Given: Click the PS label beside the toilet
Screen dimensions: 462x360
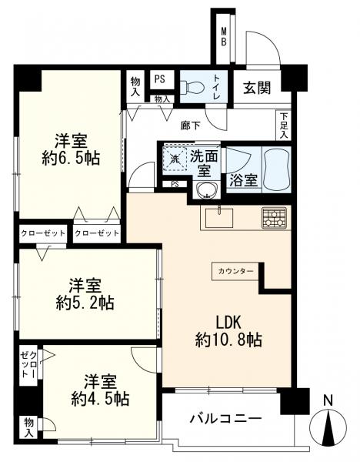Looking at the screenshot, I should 160,79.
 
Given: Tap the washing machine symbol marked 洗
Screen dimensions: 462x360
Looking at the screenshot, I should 174,159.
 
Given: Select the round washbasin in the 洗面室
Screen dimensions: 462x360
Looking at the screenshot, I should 205,190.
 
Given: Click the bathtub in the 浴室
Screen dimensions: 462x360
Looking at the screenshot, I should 275,168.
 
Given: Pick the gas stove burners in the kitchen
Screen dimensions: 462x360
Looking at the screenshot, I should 273,218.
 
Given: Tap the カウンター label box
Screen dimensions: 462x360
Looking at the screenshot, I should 235,272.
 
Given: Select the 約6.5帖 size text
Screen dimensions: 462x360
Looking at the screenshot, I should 70,159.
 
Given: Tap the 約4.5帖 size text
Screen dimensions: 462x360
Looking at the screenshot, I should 99,399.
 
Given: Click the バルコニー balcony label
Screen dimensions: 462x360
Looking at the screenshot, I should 225,420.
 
